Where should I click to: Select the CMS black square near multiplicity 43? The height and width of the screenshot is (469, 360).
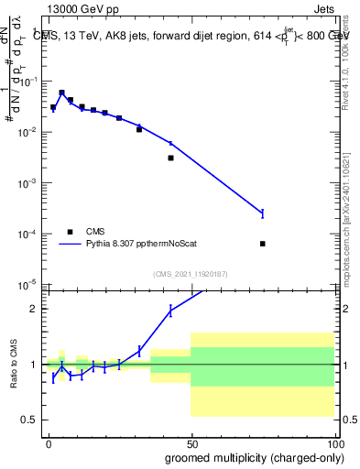[170, 158]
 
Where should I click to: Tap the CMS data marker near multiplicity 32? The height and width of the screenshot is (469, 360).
[139, 129]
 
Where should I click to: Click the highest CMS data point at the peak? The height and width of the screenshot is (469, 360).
[61, 93]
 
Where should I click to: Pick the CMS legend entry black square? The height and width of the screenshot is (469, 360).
[69, 232]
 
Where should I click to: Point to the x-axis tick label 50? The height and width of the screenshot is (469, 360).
[191, 442]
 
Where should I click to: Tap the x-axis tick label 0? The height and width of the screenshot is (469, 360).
[49, 442]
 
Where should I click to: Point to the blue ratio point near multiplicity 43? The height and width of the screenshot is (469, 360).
[170, 311]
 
